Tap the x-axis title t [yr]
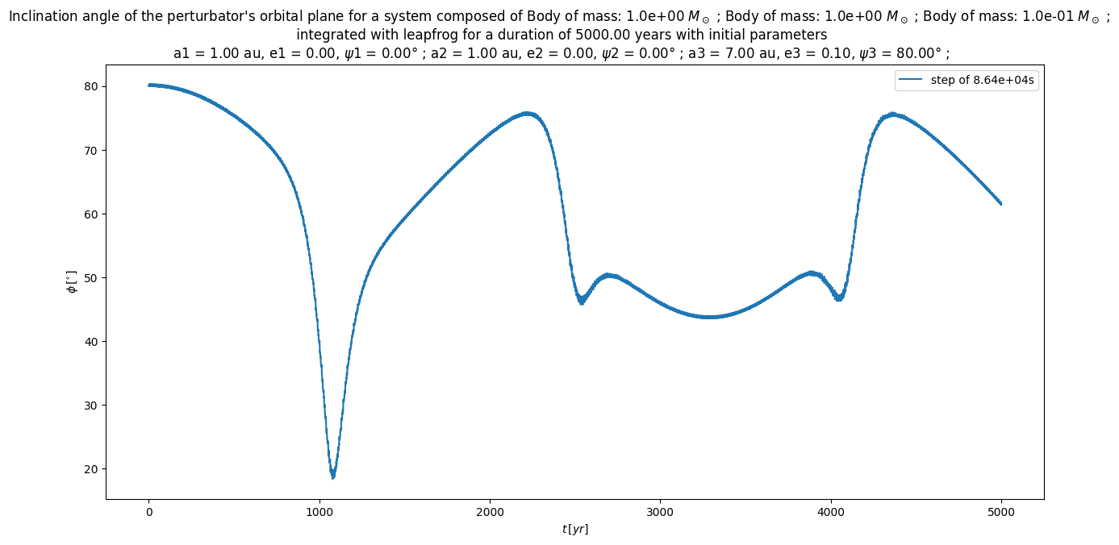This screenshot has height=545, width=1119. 575,529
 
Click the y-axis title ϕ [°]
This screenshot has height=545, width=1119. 72,282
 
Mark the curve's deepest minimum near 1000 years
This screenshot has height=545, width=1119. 332,476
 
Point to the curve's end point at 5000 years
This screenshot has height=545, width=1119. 1001,204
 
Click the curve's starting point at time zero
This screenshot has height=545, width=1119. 149,85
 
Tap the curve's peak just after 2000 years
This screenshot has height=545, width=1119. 527,114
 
